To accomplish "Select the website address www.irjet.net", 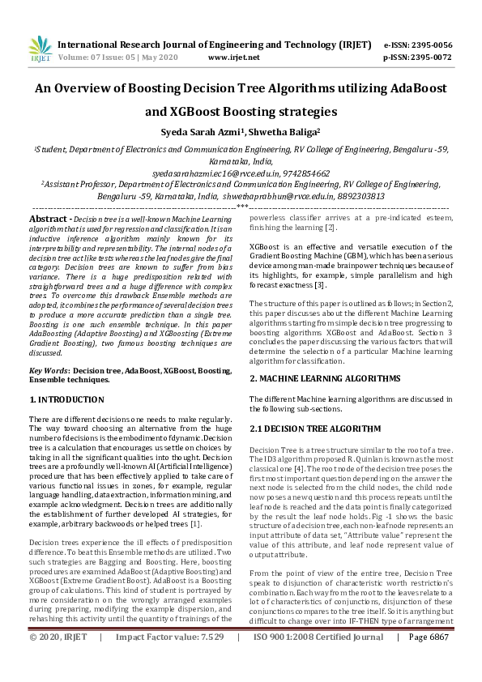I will pyautogui.click(x=233, y=58).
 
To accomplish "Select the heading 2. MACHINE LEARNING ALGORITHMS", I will pyautogui.click(x=324, y=378).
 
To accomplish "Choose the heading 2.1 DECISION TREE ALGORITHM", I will pyautogui.click(x=315, y=427).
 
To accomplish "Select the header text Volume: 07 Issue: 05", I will pyautogui.click(x=97, y=58).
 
